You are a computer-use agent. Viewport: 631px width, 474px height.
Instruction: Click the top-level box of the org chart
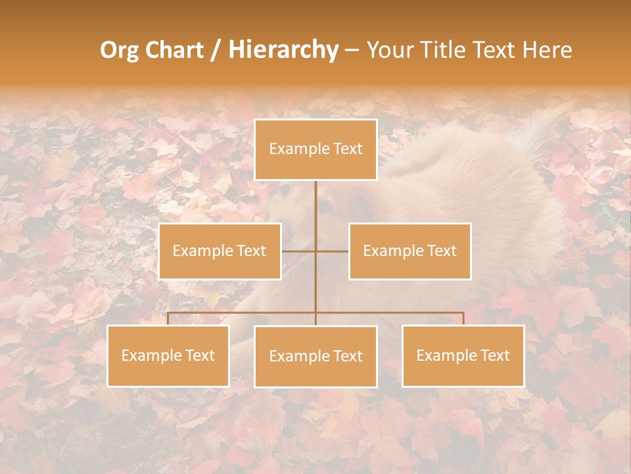315,149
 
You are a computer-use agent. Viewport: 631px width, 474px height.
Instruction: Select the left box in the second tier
220,251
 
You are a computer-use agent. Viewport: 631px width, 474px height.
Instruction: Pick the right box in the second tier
409,251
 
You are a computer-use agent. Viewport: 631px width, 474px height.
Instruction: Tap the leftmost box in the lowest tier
168,355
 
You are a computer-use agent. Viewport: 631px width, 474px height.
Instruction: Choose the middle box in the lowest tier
315,356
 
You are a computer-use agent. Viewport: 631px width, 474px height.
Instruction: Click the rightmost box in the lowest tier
463,355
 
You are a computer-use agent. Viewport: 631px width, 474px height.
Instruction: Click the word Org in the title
119,50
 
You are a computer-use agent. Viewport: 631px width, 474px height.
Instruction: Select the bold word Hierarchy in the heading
283,50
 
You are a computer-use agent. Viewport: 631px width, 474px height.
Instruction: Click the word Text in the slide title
497,50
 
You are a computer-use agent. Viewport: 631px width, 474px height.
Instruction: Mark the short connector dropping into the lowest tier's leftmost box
168,319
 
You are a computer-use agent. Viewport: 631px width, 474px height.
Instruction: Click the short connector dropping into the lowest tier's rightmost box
463,319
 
